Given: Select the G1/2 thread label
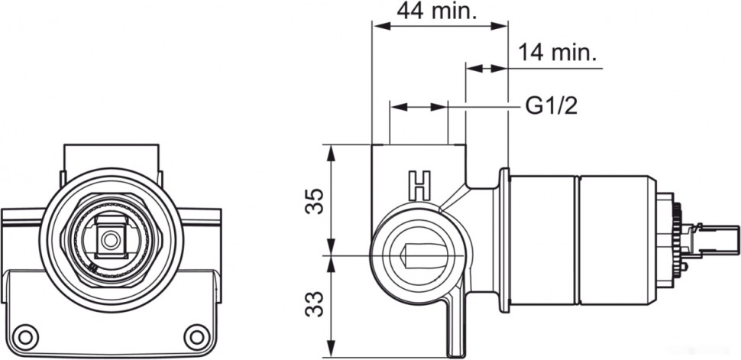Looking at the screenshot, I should [550, 106].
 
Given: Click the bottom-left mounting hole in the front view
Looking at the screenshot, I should [28, 335].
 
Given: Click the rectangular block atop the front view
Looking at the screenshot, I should [112, 157].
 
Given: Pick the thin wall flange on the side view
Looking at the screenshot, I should [504, 241].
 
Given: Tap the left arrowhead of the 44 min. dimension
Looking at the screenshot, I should [378, 26].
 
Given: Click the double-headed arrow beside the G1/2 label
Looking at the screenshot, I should [419, 107].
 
